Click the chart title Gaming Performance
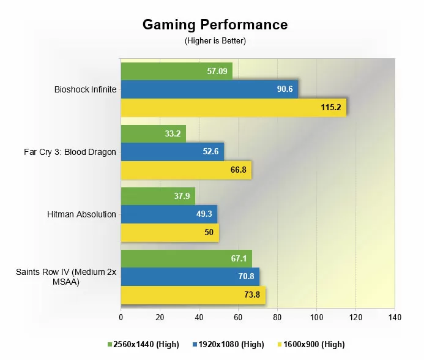215,25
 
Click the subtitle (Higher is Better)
215,40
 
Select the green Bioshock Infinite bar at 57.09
176,71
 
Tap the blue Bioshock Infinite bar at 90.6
209,89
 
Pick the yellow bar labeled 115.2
233,108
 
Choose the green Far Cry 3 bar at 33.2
153,133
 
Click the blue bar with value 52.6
172,152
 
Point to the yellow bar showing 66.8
186,170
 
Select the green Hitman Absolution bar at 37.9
158,196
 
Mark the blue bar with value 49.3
169,214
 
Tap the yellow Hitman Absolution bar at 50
169,233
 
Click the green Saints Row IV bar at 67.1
186,258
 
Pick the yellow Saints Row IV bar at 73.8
193,295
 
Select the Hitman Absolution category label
81,214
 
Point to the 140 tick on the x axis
395,317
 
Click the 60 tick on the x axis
238,317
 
